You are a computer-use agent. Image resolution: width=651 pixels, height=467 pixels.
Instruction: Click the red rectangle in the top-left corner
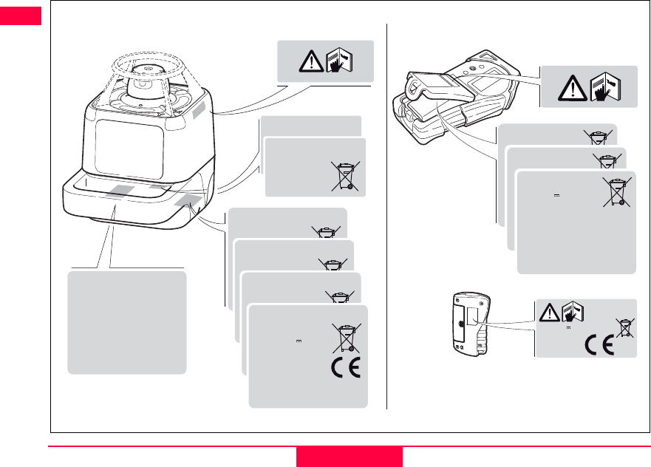coord(21,16)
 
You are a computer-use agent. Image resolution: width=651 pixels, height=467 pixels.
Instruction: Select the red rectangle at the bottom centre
coord(350,457)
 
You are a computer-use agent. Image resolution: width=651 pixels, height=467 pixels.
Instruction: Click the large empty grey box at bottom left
coord(126,322)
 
